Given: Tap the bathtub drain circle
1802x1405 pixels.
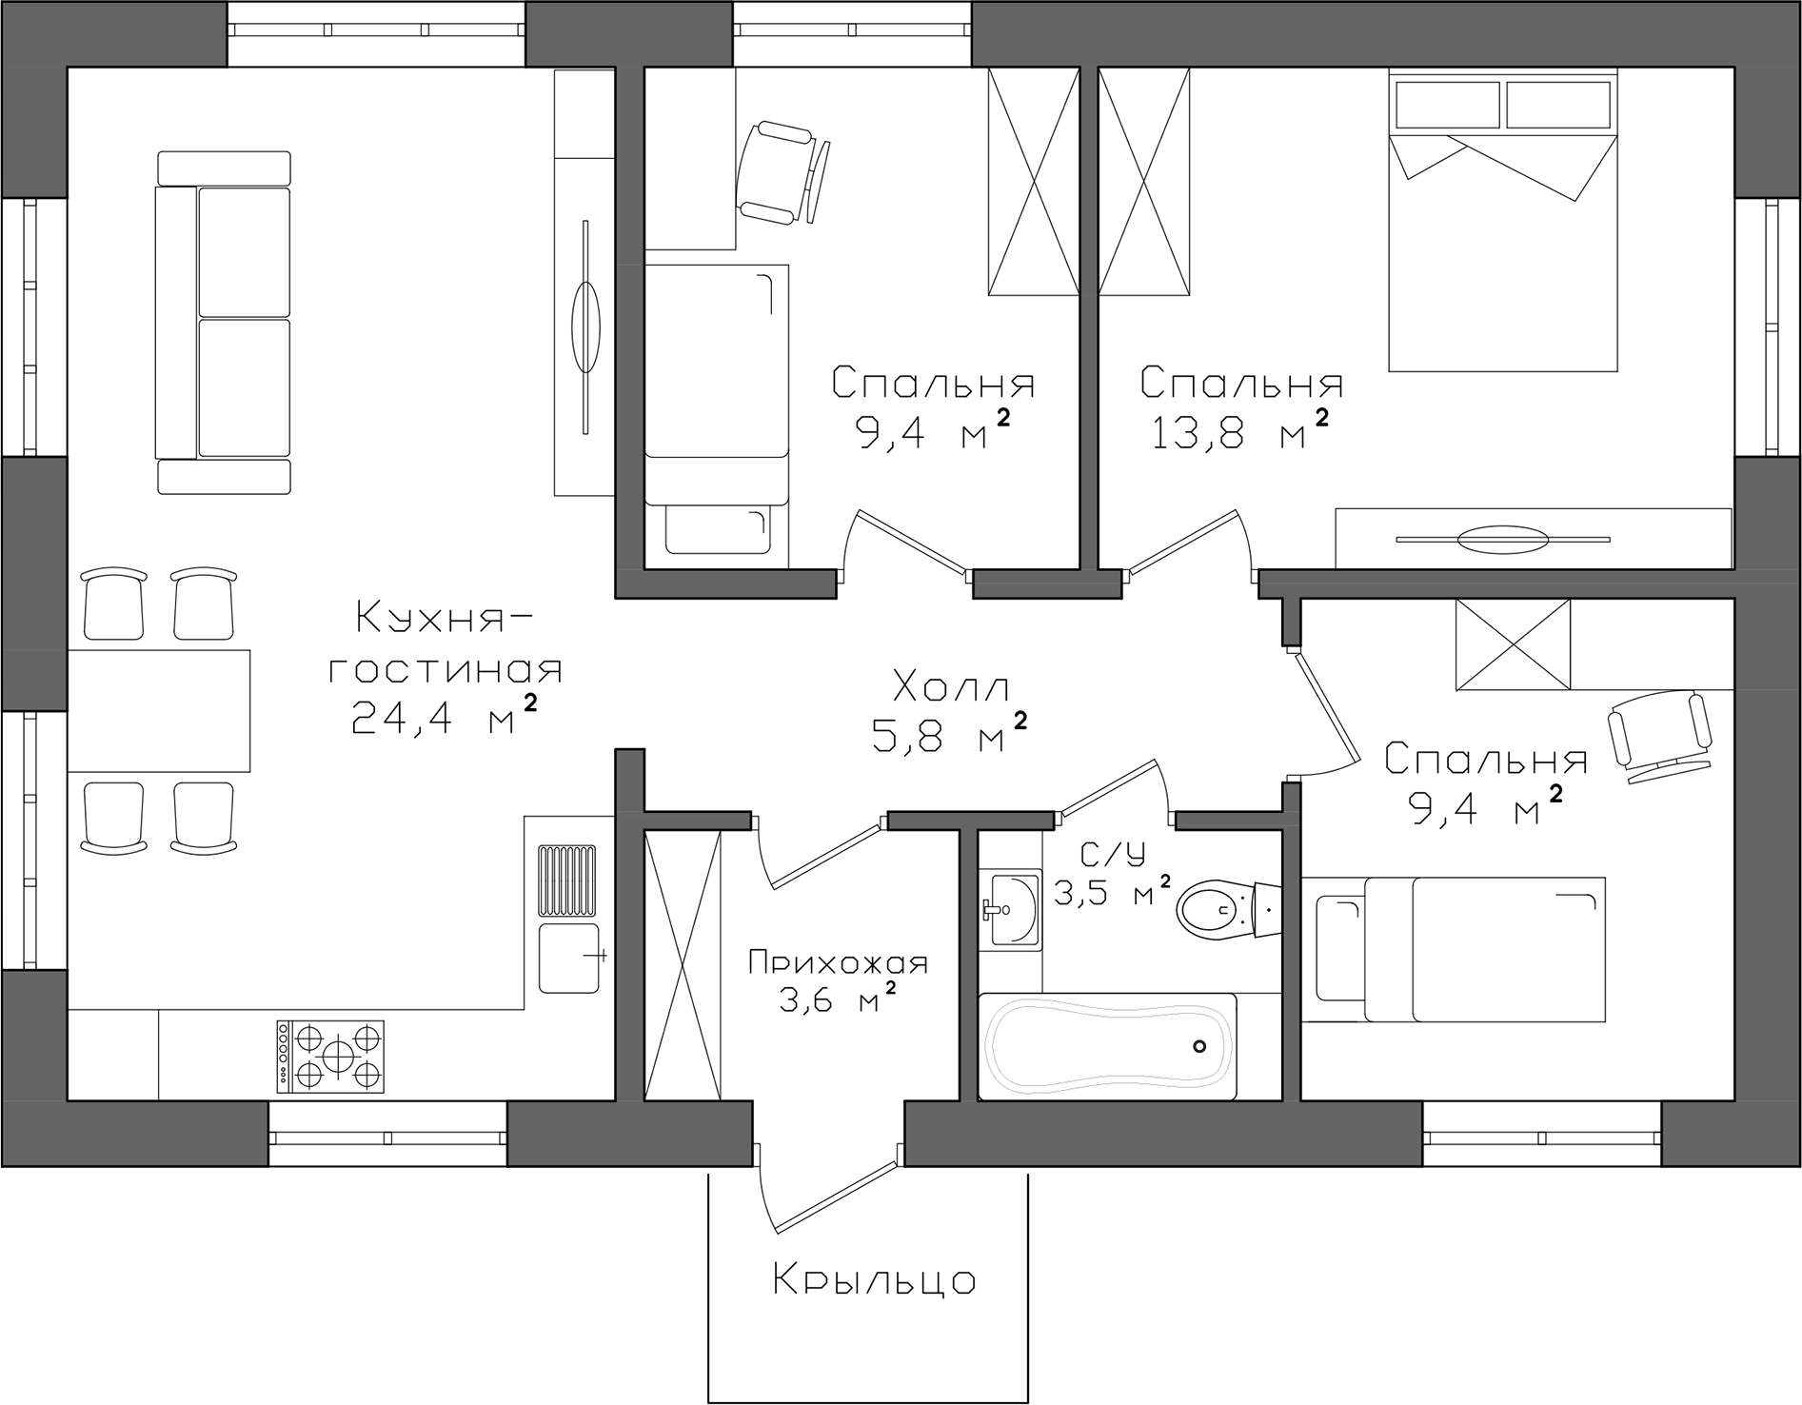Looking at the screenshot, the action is coord(1200,1047).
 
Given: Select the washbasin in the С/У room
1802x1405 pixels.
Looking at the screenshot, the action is coord(1010,909).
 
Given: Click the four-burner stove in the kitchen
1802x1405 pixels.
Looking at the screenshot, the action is coord(330,1056).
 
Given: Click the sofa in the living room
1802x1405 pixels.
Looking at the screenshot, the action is coord(224,323).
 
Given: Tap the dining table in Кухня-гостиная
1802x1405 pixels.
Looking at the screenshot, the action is coord(159,710).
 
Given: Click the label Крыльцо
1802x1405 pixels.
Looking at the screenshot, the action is coord(874,1281).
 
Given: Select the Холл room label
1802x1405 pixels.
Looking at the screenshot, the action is coord(951,686).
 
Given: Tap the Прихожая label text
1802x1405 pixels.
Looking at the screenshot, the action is coord(838,963).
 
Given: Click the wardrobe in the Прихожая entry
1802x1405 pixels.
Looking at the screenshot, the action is coord(683,965).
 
